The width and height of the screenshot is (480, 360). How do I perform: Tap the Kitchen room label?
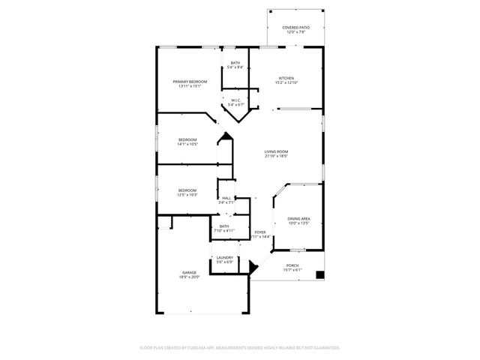pyautogui.click(x=286, y=78)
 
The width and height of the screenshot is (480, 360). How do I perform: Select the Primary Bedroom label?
pyautogui.click(x=190, y=81)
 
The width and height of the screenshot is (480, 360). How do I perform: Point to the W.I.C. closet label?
pyautogui.click(x=235, y=100)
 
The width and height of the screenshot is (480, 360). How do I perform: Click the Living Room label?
pyautogui.click(x=276, y=152)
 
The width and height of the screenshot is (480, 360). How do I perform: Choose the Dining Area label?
pyautogui.click(x=298, y=218)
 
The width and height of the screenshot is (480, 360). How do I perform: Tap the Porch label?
pyautogui.click(x=292, y=265)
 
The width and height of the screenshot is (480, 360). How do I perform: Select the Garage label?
pyautogui.click(x=190, y=272)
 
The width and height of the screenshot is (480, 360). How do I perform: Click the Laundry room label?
pyautogui.click(x=225, y=257)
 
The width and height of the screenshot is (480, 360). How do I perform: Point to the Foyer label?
pyautogui.click(x=260, y=232)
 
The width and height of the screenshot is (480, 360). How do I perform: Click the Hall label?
pyautogui.click(x=226, y=197)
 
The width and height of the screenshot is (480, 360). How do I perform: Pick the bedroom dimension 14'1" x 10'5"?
pyautogui.click(x=187, y=144)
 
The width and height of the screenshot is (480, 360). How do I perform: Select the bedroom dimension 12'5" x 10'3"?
pyautogui.click(x=187, y=195)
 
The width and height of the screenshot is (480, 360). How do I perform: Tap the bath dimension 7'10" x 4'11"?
pyautogui.click(x=224, y=231)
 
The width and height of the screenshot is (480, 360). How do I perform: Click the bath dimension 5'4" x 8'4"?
pyautogui.click(x=235, y=67)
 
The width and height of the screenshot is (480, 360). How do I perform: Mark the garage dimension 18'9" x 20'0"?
pyautogui.click(x=190, y=277)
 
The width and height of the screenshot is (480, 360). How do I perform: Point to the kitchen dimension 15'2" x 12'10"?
pyautogui.click(x=286, y=83)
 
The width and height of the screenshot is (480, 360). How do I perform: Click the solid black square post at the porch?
pyautogui.click(x=320, y=274)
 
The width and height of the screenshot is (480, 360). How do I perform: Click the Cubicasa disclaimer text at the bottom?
pyautogui.click(x=240, y=348)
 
